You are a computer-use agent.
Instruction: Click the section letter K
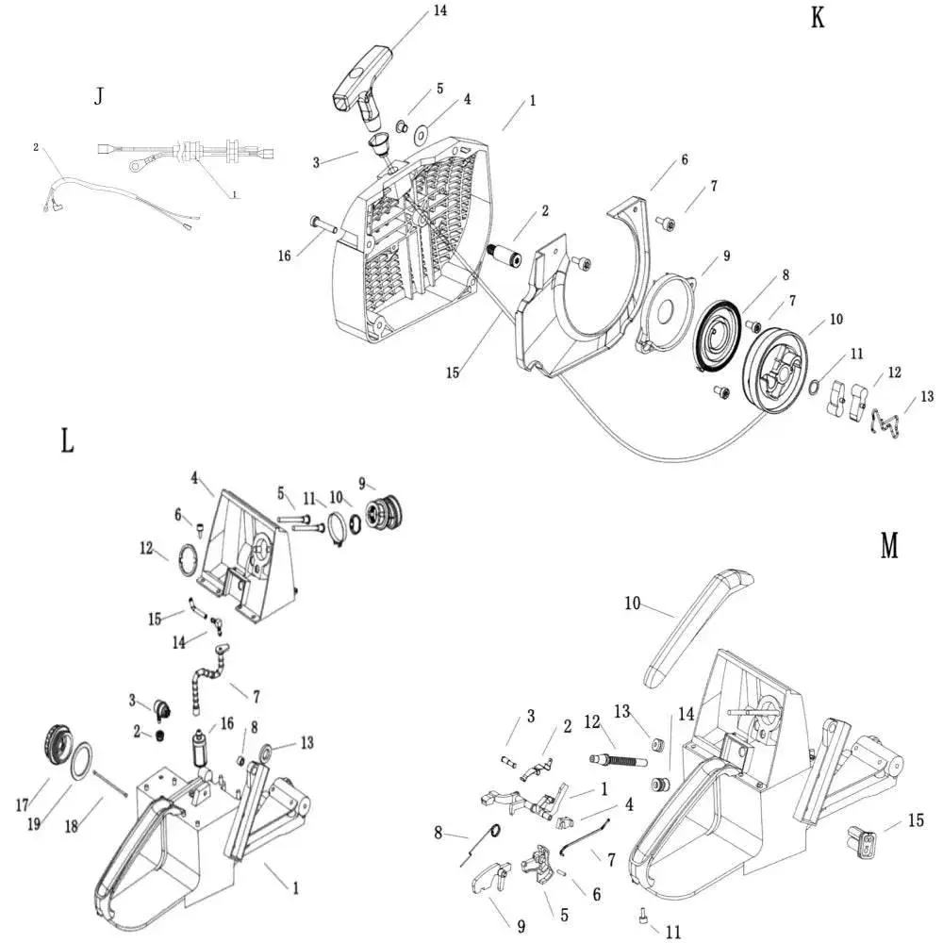[818, 18]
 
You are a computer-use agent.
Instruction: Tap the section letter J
[99, 96]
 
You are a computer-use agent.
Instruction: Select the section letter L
[67, 440]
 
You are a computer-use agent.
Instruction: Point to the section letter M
[889, 545]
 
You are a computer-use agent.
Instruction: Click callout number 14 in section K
[440, 10]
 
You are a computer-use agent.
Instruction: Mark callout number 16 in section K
[285, 256]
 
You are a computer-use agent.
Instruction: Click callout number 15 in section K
[453, 372]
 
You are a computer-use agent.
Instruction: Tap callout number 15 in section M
[916, 820]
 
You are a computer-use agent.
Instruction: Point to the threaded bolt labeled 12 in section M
[617, 759]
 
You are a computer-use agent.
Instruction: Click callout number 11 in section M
[673, 932]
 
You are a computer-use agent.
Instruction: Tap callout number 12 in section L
[146, 549]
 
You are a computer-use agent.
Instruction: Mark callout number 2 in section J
[36, 147]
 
